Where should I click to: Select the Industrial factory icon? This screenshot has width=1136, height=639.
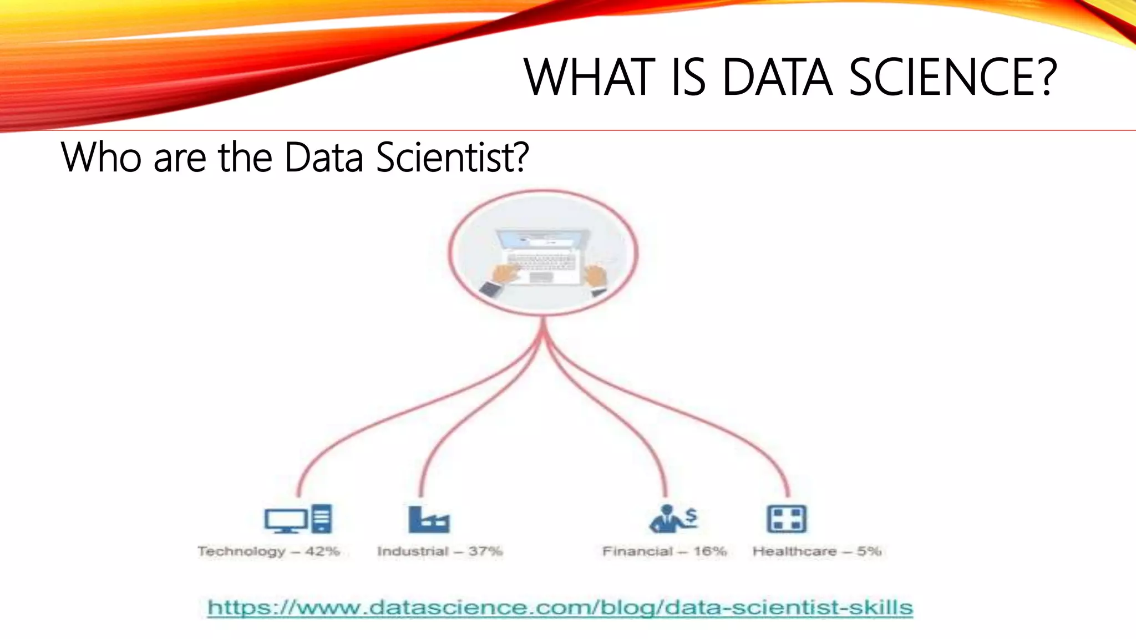pos(428,519)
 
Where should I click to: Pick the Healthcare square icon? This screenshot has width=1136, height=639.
pos(787,519)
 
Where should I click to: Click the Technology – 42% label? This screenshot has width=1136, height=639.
pos(268,551)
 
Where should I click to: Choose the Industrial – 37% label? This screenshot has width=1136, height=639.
pos(440,551)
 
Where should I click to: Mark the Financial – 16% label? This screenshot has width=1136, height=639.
pos(665,551)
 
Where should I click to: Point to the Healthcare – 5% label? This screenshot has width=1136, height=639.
pos(817,551)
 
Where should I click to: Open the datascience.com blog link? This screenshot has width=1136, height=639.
pos(560,607)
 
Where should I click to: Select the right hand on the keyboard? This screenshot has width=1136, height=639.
pos(596,275)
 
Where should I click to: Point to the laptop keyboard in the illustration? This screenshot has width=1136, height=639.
pos(541,261)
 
